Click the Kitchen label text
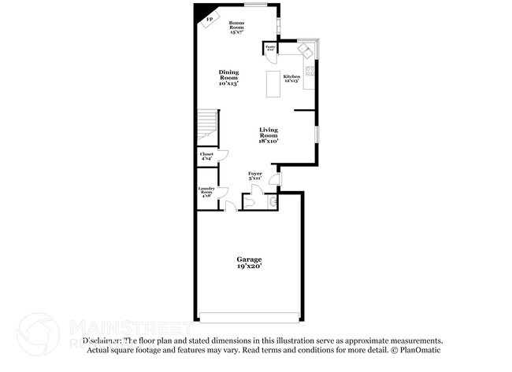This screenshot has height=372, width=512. [291, 78]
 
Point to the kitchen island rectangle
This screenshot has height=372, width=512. [274, 83]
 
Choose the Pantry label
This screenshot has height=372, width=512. [270, 49]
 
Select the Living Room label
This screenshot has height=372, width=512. [269, 134]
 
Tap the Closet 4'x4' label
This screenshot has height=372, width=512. [206, 156]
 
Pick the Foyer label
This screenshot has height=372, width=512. [254, 175]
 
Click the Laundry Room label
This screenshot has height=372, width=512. [206, 191]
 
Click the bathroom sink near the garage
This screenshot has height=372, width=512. [273, 202]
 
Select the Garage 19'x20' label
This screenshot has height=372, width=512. [250, 263]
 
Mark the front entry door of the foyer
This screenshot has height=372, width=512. [273, 179]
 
